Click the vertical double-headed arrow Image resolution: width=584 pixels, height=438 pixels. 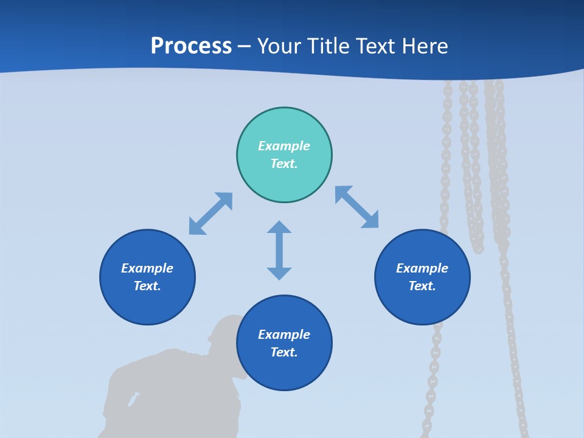click(279, 250)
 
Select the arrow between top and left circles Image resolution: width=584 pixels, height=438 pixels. click(210, 214)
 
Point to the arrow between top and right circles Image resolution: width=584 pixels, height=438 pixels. click(356, 207)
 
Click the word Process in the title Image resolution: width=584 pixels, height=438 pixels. click(191, 46)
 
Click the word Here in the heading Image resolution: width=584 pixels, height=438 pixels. click(426, 46)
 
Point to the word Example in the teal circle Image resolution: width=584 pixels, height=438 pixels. click(284, 146)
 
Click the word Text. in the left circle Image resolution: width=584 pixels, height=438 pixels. click(147, 286)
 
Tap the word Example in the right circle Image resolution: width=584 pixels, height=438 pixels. click(422, 268)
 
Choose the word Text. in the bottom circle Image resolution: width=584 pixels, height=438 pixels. click(284, 352)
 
